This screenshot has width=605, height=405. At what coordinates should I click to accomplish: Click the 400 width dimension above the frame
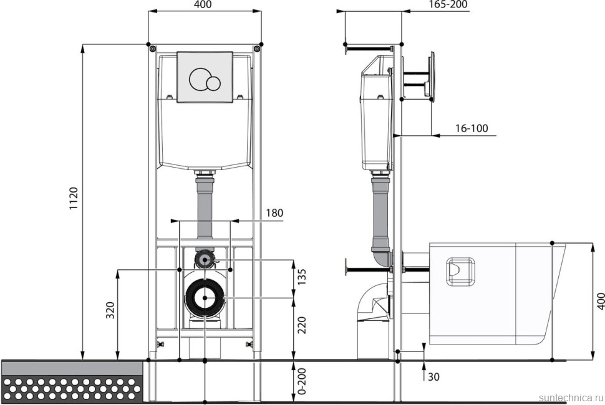click(x=203, y=4)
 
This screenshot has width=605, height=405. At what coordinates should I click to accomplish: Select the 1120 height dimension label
click(x=74, y=199)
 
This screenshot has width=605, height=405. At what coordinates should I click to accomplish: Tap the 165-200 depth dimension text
click(x=448, y=4)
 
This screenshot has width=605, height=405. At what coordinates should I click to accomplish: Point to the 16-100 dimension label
click(x=472, y=128)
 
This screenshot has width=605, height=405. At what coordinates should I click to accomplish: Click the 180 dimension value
click(x=274, y=212)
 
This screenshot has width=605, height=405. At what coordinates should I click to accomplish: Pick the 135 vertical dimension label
click(x=302, y=277)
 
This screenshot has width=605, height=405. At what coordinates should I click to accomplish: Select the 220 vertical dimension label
click(x=302, y=325)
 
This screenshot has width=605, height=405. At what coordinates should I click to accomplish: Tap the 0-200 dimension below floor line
click(x=302, y=381)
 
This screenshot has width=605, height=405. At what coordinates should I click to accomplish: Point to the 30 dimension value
click(x=433, y=376)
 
